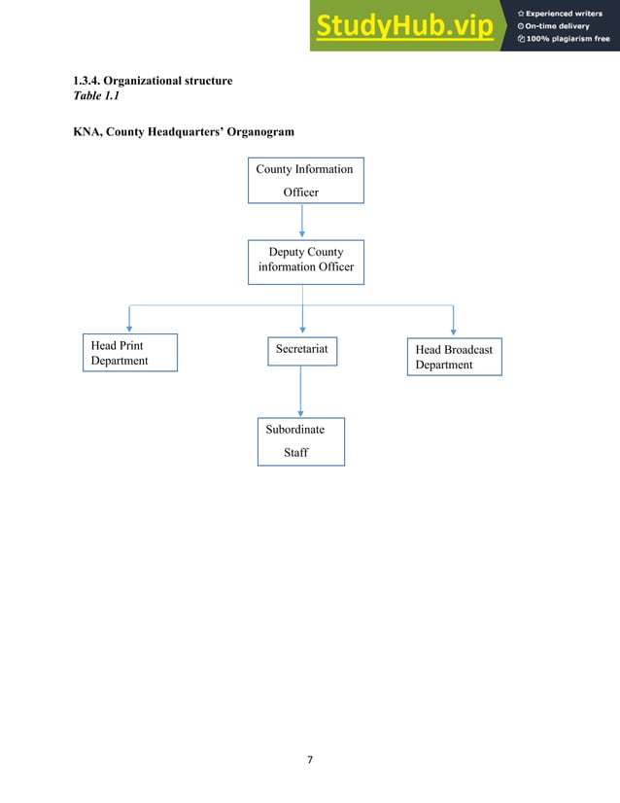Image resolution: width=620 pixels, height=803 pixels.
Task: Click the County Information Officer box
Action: coord(304,180)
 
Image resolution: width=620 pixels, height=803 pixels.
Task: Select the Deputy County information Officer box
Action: coord(305,261)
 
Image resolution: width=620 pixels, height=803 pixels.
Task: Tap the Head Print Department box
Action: coord(128,353)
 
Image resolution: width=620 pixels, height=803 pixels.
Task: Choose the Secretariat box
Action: coord(301,350)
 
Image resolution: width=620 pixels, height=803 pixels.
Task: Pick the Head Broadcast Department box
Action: coord(454,357)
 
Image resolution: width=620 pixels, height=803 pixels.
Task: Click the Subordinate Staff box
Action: coord(300,441)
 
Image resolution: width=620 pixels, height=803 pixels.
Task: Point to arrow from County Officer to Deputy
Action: coord(303,221)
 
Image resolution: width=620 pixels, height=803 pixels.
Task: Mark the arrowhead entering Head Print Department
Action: coord(129,330)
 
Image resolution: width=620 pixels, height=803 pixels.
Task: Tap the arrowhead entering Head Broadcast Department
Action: coord(454,332)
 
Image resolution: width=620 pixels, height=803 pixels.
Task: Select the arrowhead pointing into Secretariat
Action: coord(303,331)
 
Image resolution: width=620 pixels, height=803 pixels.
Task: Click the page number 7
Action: coord(310,759)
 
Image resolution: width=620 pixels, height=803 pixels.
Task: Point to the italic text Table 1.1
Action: coord(96,95)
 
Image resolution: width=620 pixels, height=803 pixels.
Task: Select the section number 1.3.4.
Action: coord(87,80)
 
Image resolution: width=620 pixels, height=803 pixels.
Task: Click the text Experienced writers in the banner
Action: coord(565,13)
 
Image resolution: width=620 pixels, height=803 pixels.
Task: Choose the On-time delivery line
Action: coord(558,26)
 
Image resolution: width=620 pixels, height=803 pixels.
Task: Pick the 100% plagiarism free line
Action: coord(568,39)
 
